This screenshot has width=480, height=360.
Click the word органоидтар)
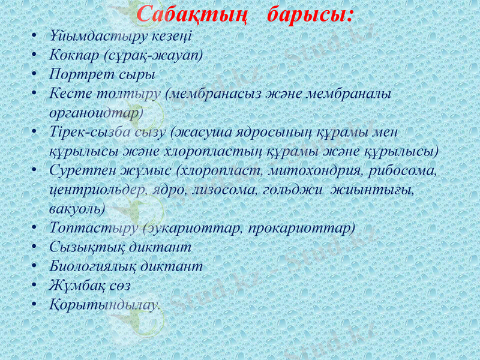tap(97, 112)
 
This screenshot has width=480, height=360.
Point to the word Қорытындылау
tap(104, 304)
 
